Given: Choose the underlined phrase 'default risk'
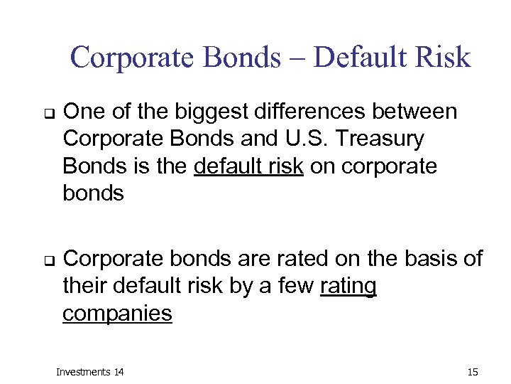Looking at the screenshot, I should (x=248, y=166).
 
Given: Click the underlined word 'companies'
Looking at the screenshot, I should (x=117, y=313).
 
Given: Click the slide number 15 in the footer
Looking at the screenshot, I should (x=473, y=372).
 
